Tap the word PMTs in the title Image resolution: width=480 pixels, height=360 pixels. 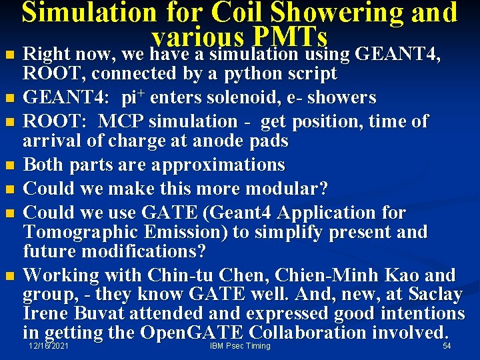pos(290,36)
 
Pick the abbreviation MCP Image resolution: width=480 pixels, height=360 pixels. pos(128,121)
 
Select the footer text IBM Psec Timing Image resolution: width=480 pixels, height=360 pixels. pos(240,346)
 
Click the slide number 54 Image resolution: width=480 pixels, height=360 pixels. pos(447,346)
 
